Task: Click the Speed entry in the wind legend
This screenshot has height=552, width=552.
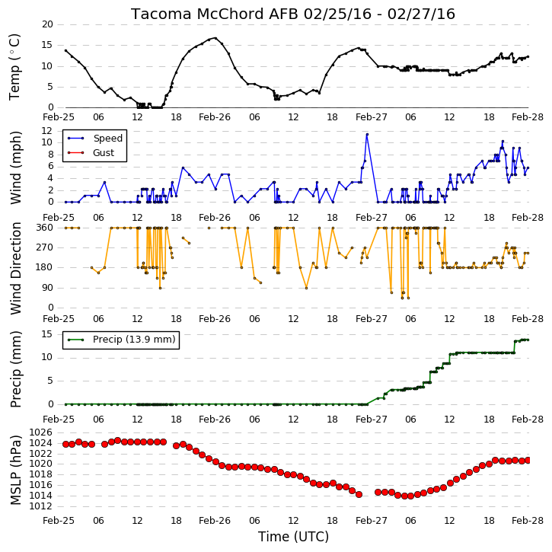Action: (107, 139)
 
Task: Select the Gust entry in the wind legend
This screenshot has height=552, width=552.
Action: (104, 153)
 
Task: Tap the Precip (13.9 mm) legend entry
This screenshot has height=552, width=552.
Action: (134, 340)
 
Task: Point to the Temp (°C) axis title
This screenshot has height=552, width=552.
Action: (14, 67)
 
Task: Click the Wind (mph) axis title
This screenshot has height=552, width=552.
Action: (16, 168)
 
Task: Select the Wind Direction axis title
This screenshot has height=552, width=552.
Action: (16, 268)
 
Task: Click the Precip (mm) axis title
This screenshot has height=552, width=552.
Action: (16, 369)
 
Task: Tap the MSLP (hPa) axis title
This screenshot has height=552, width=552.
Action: (16, 470)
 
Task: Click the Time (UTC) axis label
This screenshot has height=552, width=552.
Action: (293, 537)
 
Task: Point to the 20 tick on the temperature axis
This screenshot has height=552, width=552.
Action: (47, 24)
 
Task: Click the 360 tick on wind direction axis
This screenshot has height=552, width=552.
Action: (45, 228)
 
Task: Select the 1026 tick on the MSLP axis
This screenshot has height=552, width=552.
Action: (41, 432)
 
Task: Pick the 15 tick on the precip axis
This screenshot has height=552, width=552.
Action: (47, 334)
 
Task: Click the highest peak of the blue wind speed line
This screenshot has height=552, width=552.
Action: (367, 134)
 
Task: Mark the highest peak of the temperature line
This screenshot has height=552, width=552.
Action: (215, 38)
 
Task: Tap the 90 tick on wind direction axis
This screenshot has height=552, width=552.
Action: (47, 288)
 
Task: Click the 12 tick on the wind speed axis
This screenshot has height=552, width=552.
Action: (47, 131)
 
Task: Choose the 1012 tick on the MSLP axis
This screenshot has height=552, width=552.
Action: (41, 506)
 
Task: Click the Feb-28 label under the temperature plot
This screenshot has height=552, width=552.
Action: (528, 117)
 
